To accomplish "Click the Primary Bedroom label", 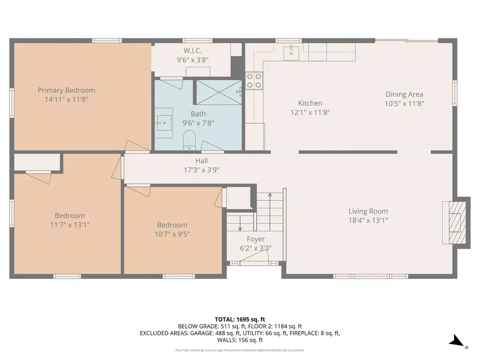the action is click(67, 90).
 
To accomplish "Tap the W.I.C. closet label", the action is click(193, 51).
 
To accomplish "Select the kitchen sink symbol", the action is click(291, 52).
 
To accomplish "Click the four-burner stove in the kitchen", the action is click(254, 81).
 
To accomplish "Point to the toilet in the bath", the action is click(189, 140).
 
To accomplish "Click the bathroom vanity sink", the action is click(164, 123).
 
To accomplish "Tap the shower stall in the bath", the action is click(219, 92).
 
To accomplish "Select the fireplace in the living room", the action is click(454, 223).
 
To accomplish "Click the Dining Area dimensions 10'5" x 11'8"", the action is click(405, 104).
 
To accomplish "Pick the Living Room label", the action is click(368, 211).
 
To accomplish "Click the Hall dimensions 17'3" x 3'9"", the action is click(202, 170).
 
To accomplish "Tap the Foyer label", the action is click(255, 239).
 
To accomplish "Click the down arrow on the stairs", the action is click(240, 224).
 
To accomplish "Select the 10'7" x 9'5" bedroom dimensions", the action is click(172, 234).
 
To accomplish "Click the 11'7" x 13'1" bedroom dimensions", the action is click(70, 225).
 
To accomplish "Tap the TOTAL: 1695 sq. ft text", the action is click(240, 320).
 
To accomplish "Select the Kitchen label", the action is click(310, 103).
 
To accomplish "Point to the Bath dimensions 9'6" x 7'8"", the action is click(198, 123).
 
